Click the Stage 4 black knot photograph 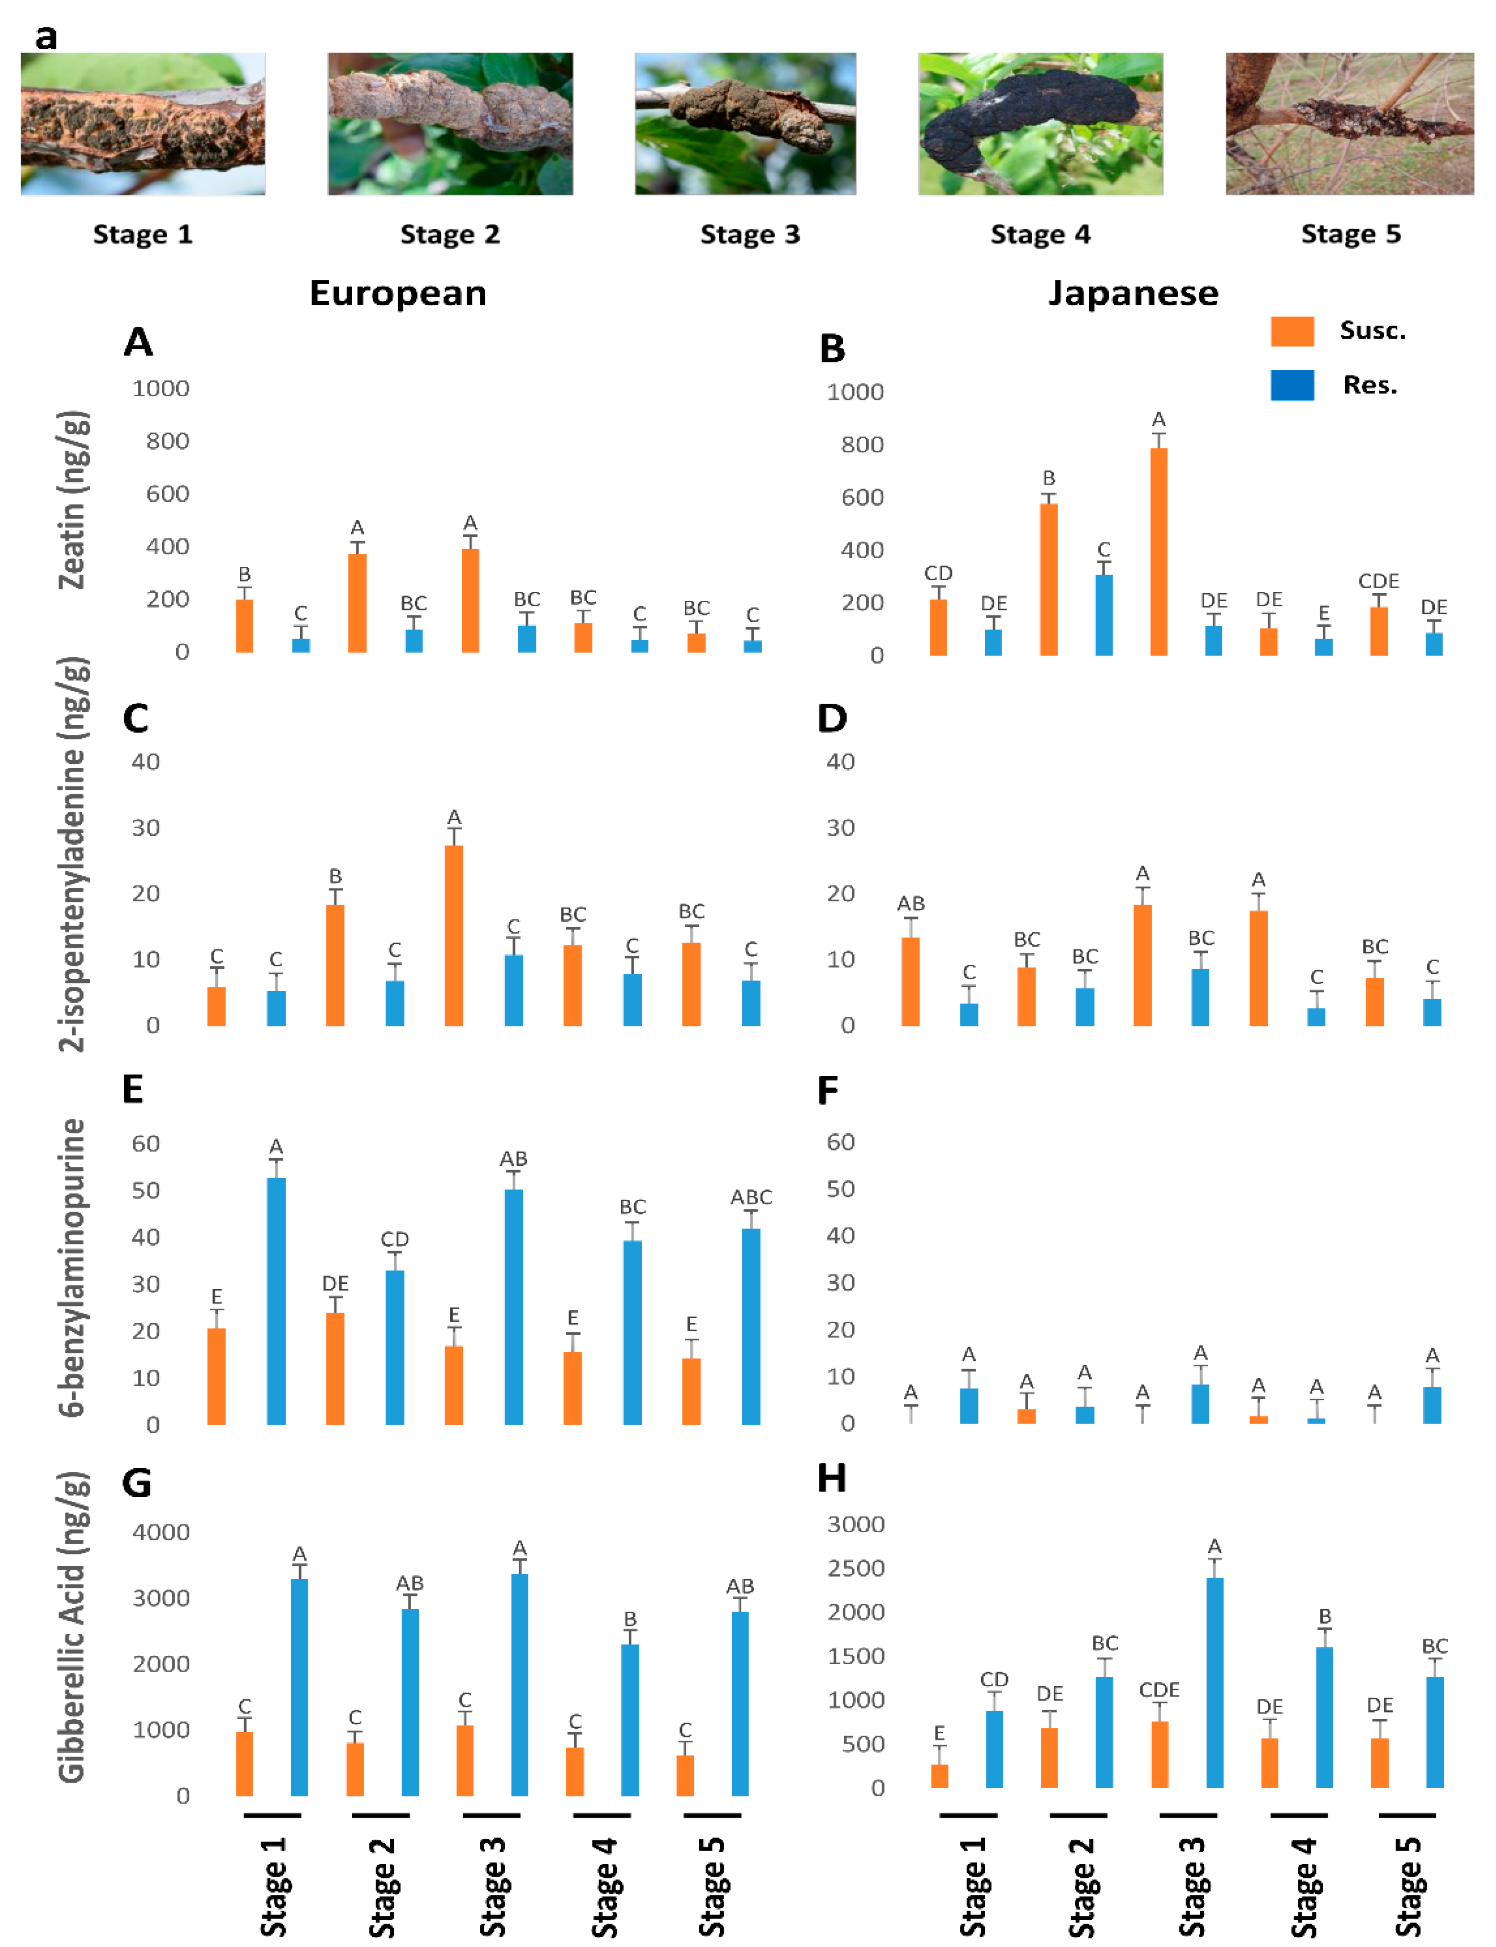[x=1040, y=124]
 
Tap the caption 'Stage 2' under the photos [x=450, y=234]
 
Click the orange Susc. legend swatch [x=1291, y=331]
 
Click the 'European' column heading [x=398, y=293]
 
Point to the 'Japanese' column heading [x=1133, y=293]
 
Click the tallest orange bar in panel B [x=1159, y=552]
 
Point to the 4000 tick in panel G [x=161, y=1532]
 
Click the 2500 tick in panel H [x=856, y=1568]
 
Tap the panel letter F [x=827, y=1090]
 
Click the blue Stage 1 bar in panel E [x=276, y=1300]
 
